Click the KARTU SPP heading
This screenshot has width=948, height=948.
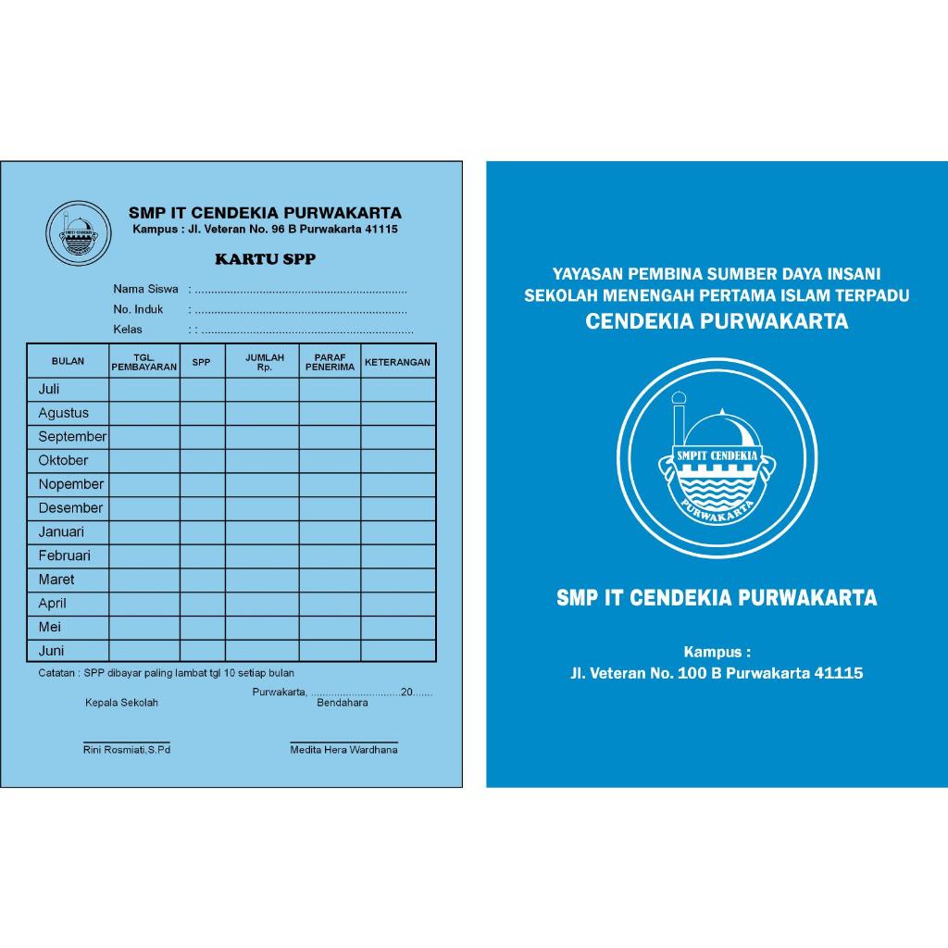[265, 259]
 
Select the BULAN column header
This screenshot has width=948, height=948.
[68, 362]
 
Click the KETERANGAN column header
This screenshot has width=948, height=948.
[397, 362]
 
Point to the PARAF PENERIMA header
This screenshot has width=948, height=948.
[330, 362]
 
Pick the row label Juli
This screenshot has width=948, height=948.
[49, 390]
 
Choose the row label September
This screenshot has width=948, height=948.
[72, 437]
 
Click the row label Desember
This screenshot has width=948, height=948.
[70, 508]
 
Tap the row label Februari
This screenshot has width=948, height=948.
[65, 556]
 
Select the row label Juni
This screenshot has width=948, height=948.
[51, 651]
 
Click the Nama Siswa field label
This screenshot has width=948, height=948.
[146, 289]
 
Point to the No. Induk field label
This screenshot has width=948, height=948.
[138, 309]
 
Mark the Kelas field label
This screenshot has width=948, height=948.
[128, 330]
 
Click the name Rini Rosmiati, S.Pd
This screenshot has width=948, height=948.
[127, 750]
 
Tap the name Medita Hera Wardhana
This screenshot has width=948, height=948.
[343, 750]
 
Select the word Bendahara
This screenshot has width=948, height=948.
[343, 703]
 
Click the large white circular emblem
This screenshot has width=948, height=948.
[717, 458]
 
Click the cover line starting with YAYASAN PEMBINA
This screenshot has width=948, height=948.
[717, 274]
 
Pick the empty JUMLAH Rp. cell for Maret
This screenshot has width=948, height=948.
[262, 580]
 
